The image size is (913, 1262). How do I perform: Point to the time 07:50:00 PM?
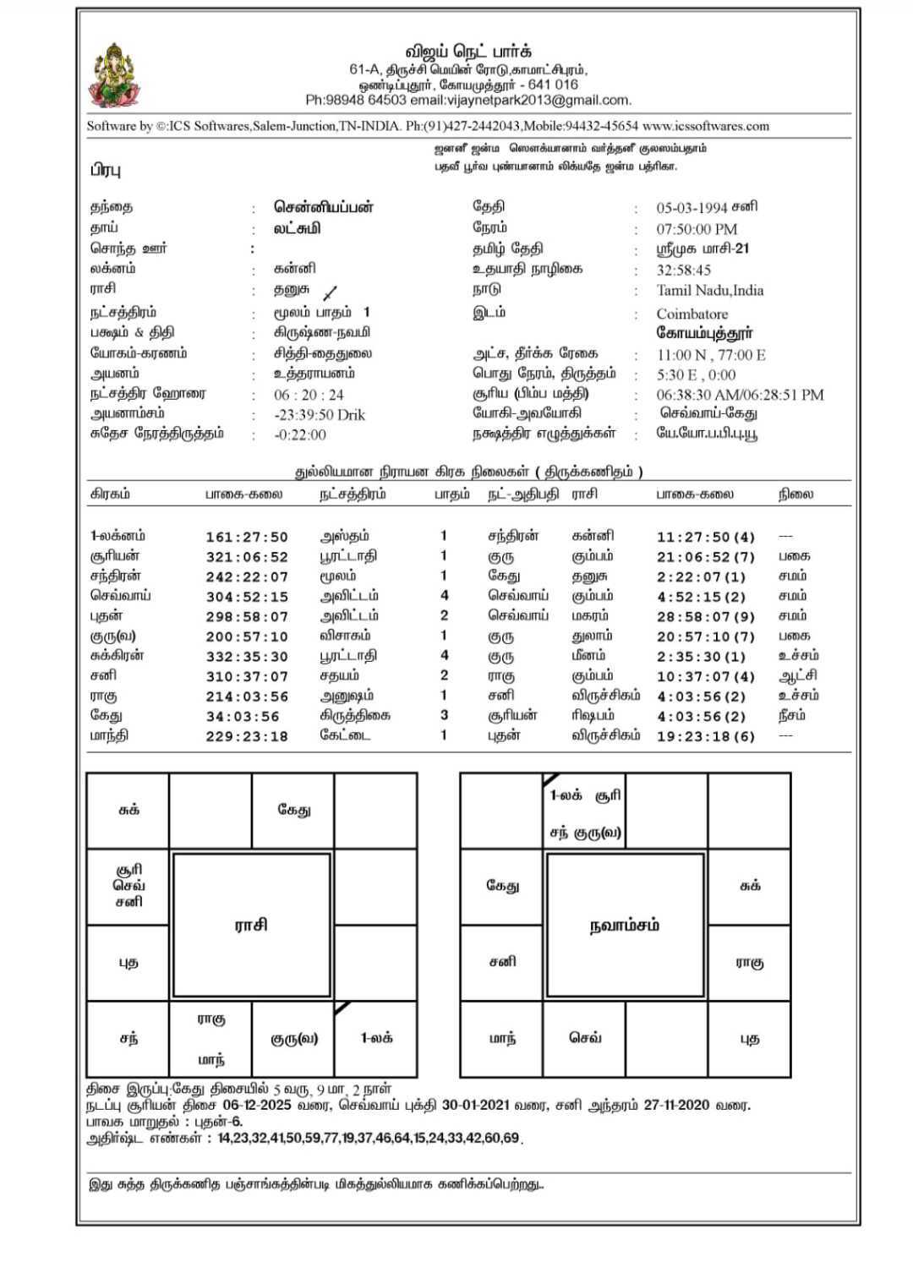(x=697, y=229)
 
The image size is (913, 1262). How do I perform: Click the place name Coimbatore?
(x=692, y=314)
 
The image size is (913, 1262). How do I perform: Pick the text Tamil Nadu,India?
(x=709, y=291)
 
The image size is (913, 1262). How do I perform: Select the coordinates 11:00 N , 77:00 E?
(x=710, y=355)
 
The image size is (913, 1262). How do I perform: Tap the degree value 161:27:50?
(x=246, y=538)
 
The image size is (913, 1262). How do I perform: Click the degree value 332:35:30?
(x=246, y=657)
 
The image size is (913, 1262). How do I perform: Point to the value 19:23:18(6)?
(x=705, y=736)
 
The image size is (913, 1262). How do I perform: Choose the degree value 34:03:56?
(x=242, y=717)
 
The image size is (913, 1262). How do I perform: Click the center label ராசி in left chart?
(x=251, y=925)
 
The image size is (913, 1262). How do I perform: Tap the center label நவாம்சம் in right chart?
(x=624, y=925)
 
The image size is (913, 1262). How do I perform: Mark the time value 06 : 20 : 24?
(x=309, y=395)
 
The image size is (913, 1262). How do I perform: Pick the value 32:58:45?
(x=683, y=270)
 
